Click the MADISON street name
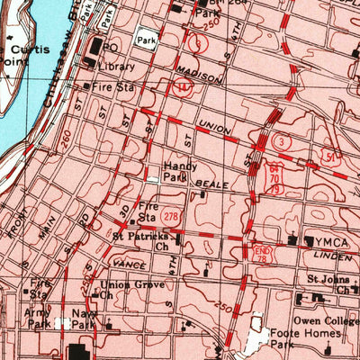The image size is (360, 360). pyautogui.click(x=198, y=76)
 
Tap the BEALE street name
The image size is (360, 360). pyautogui.click(x=219, y=183)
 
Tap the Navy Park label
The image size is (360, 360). pyautogui.click(x=85, y=319)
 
